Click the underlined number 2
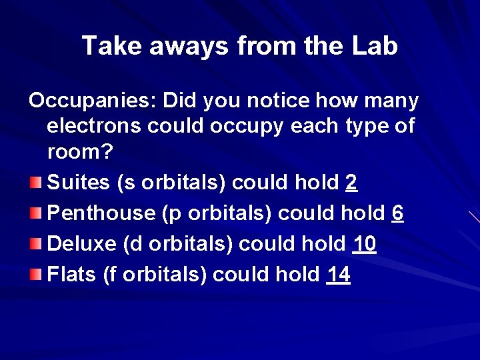(352, 183)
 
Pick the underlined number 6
(397, 213)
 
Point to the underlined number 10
(364, 244)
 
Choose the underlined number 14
(338, 275)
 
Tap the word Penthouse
(101, 213)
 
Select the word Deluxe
(83, 244)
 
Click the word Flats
(72, 275)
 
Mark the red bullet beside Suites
(37, 183)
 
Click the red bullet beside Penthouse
(37, 213)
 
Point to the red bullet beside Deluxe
(37, 244)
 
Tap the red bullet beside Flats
(37, 275)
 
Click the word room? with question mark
(81, 152)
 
